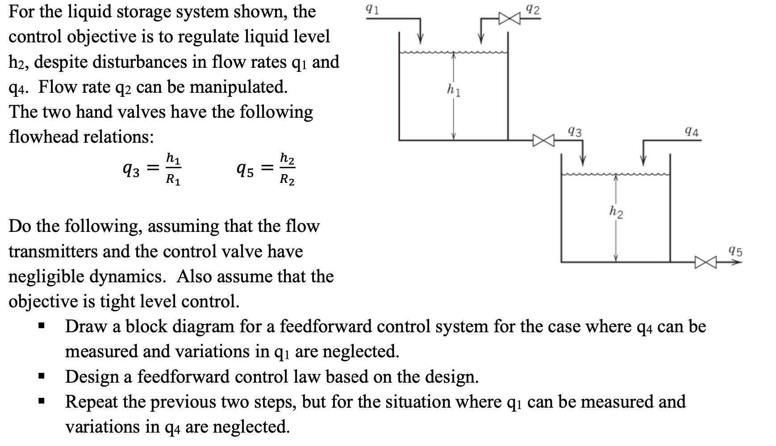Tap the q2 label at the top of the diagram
point(533,9)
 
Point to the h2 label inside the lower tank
point(617,212)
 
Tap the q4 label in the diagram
point(692,132)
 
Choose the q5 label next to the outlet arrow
point(735,251)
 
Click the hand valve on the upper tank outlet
point(543,140)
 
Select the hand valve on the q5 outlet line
point(705,262)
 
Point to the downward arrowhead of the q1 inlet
point(420,39)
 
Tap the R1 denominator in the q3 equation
point(173,180)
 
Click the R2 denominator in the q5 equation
point(287,180)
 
